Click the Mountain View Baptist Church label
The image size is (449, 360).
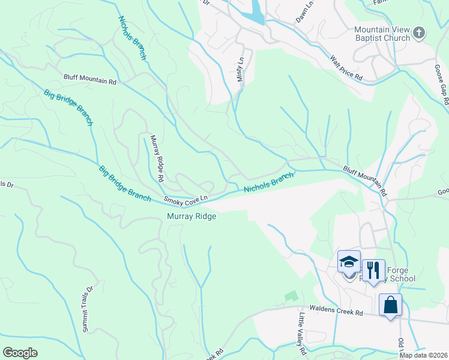(x=382, y=34)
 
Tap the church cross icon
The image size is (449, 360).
(x=419, y=33)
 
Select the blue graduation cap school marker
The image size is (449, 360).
(x=349, y=263)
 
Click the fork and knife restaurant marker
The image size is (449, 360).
(x=373, y=270)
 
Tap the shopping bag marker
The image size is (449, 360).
(x=390, y=304)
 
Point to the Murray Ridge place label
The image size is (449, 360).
(x=191, y=217)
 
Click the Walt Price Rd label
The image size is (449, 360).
(x=347, y=68)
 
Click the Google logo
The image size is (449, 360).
(x=20, y=353)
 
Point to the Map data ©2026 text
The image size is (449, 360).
(x=423, y=355)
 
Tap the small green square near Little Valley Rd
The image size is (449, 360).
(x=292, y=296)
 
